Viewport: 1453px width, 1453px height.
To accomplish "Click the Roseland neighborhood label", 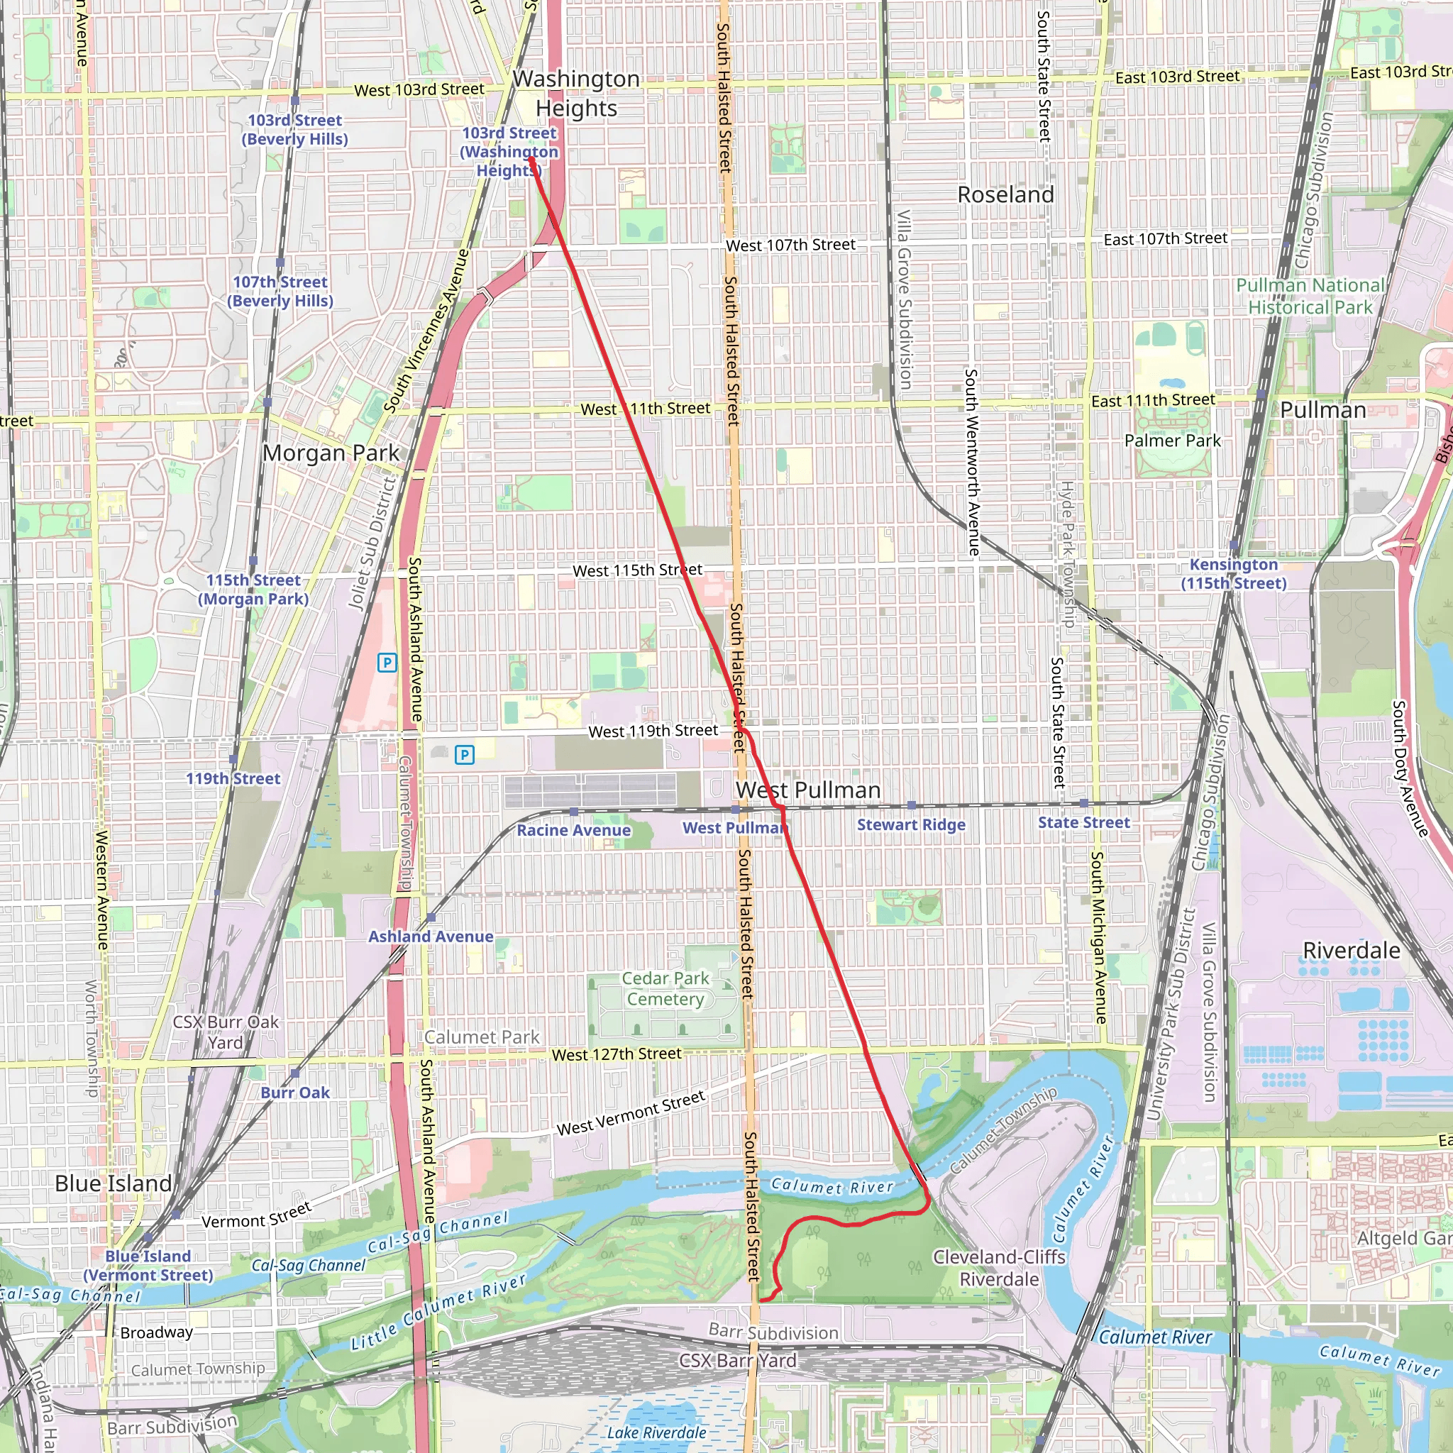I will coord(1005,195).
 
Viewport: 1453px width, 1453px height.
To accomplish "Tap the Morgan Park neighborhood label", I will coord(331,453).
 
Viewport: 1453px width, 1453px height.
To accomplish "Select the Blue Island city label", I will coord(113,1183).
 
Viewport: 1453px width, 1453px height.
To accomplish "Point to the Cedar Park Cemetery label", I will coord(665,988).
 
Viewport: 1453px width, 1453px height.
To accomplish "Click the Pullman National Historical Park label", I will coord(1310,297).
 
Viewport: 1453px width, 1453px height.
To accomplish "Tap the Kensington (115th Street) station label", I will coord(1233,574).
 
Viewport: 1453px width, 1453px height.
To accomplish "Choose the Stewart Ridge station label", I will coord(911,824).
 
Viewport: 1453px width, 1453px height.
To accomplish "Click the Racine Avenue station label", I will coord(573,829).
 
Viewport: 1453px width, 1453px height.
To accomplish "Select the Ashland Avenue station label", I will coord(430,937).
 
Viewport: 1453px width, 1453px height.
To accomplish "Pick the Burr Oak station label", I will coord(295,1092).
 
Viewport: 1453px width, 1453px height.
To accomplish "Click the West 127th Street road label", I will coord(616,1054).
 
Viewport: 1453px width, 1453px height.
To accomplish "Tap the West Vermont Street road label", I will coord(630,1113).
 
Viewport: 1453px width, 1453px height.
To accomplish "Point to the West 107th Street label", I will coord(790,245).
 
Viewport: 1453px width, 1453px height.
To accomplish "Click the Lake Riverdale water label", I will coord(656,1432).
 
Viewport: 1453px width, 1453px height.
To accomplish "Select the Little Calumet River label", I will coord(438,1312).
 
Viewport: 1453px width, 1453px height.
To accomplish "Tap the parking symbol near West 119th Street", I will coord(465,754).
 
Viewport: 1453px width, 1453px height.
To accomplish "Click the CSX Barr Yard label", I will coord(737,1360).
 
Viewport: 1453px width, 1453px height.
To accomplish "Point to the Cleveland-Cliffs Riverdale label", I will coord(999,1267).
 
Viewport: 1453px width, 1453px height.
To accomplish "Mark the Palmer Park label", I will coord(1172,441).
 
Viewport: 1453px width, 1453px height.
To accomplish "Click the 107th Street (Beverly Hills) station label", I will coord(280,291).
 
